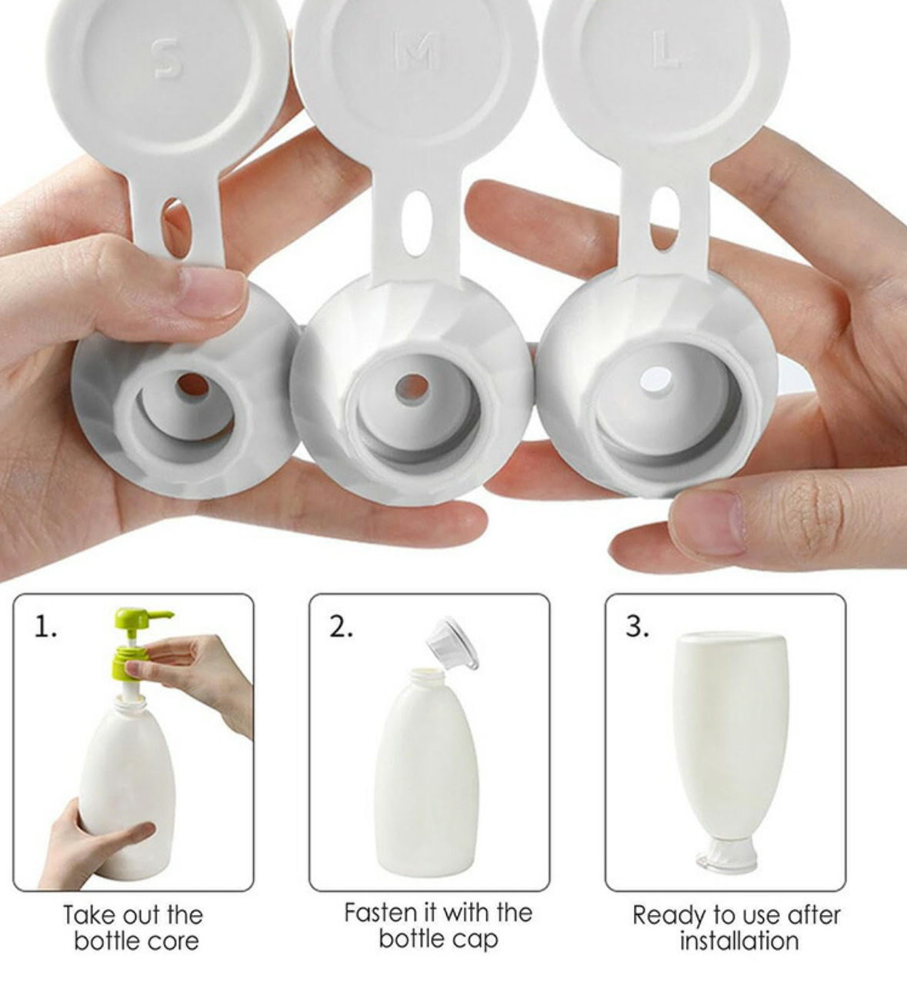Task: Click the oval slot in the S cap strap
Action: [x=177, y=228]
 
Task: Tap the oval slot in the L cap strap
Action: [x=665, y=220]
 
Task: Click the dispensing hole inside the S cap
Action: [x=192, y=386]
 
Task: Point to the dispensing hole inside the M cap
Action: [x=412, y=389]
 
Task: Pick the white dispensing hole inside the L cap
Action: [x=656, y=381]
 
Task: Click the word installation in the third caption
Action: [x=739, y=942]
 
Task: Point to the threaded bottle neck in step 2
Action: [x=427, y=676]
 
